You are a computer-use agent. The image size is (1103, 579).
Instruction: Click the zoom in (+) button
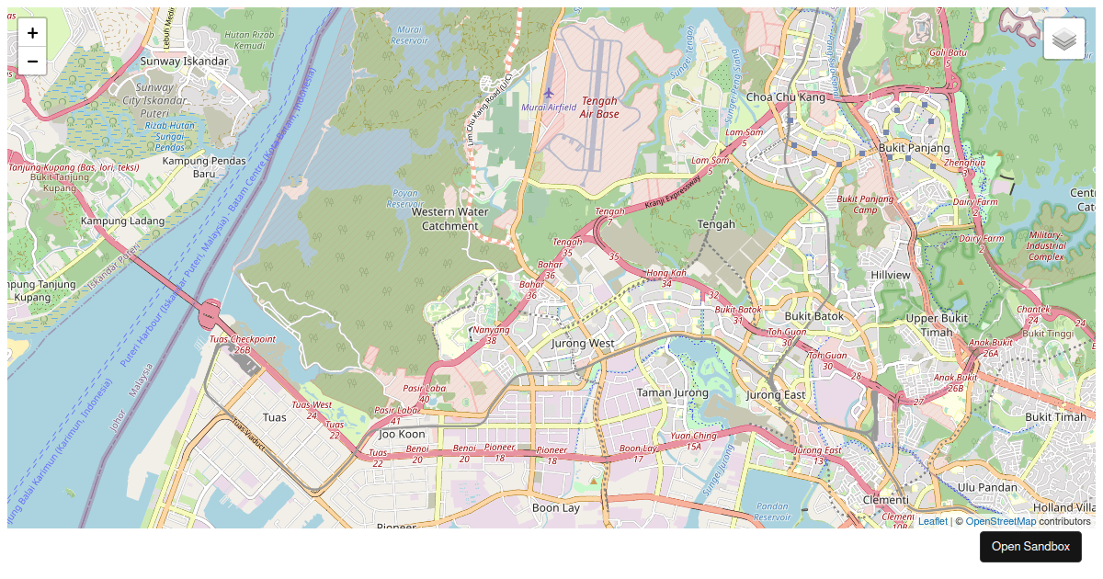[32, 33]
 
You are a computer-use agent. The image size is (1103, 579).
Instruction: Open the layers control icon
[1063, 39]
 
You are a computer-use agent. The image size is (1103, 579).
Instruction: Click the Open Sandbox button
[1030, 547]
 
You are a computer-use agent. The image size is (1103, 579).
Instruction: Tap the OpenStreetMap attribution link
[1000, 521]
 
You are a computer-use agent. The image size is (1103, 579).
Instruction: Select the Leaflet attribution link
[932, 521]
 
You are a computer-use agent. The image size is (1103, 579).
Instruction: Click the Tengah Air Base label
[599, 108]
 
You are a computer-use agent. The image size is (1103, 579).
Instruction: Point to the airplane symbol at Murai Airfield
[549, 93]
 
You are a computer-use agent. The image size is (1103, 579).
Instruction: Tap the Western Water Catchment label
[449, 218]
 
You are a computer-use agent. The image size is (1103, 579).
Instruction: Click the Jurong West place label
[582, 343]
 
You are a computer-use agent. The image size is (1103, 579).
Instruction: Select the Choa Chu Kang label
[786, 96]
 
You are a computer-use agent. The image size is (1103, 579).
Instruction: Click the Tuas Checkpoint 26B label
[242, 344]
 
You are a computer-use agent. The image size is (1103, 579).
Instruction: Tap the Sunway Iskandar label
[184, 62]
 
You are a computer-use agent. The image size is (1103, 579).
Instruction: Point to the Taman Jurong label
[673, 392]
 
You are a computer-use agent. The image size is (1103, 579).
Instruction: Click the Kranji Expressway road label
[672, 191]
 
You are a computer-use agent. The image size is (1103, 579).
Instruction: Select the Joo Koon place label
[402, 434]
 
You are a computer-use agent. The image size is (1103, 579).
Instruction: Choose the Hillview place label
[890, 275]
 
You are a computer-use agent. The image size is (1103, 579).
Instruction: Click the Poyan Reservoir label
[405, 199]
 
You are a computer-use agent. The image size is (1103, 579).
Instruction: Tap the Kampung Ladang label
[122, 221]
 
